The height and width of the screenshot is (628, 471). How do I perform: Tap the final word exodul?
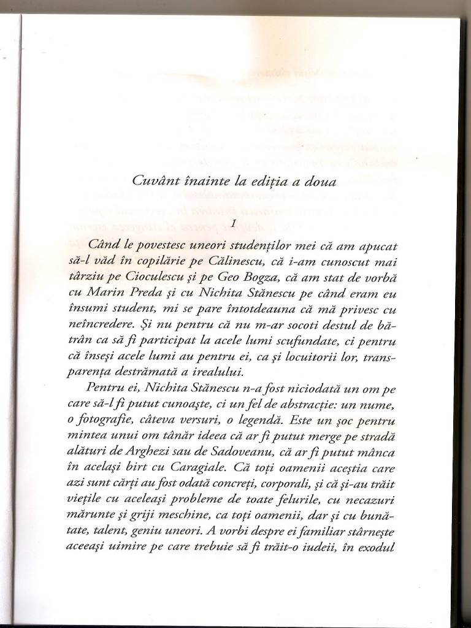coord(370,547)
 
